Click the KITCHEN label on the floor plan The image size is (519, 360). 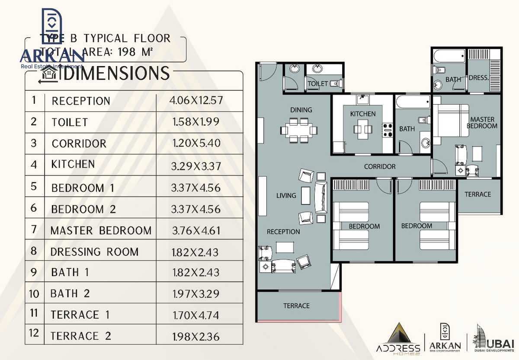coord(362,114)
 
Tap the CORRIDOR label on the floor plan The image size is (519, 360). coord(379,166)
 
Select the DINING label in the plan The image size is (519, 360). coord(301,110)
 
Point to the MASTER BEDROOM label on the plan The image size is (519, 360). coord(482,122)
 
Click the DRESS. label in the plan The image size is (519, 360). coord(478,78)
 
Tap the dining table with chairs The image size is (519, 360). coord(298,130)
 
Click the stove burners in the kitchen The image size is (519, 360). coord(387,130)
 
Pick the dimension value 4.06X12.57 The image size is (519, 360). coord(196,100)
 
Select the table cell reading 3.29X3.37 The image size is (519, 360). coord(196,165)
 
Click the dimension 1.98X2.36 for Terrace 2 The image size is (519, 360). coord(196,336)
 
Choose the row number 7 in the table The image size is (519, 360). coord(35,229)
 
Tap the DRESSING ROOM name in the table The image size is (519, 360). coord(94,252)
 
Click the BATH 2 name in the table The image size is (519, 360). coord(70,294)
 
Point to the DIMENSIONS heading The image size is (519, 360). coord(113,74)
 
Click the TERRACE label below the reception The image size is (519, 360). coord(296,306)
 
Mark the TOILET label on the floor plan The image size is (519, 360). coord(317,83)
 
